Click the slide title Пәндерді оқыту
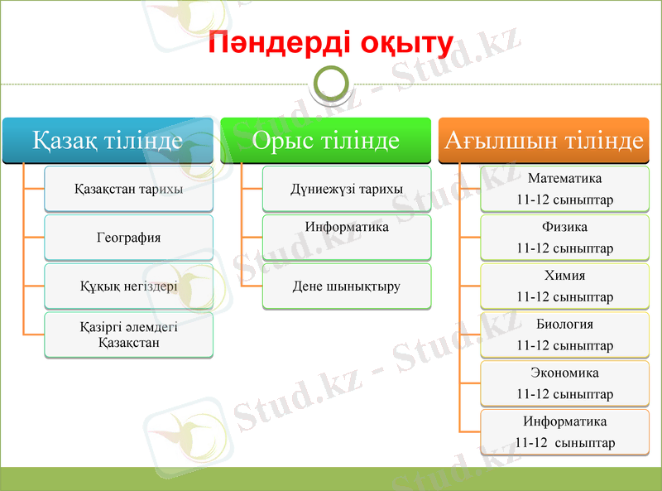click(x=331, y=43)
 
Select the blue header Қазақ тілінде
click(x=108, y=140)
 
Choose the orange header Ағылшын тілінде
click(x=544, y=140)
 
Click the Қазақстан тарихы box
click(x=128, y=189)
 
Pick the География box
click(x=128, y=238)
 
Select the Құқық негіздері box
click(x=128, y=286)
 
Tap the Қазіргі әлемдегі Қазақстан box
click(x=128, y=335)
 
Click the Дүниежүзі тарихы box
click(x=347, y=189)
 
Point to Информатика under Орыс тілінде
click(x=347, y=227)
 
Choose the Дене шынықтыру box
click(x=347, y=286)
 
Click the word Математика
click(x=565, y=178)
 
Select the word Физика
click(x=565, y=227)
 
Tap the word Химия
click(x=565, y=276)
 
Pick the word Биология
click(x=565, y=324)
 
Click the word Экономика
click(x=565, y=373)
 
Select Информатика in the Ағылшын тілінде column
click(x=565, y=421)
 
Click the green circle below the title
click(x=331, y=83)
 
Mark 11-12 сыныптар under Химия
click(x=565, y=296)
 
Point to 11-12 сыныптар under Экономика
click(x=565, y=394)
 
